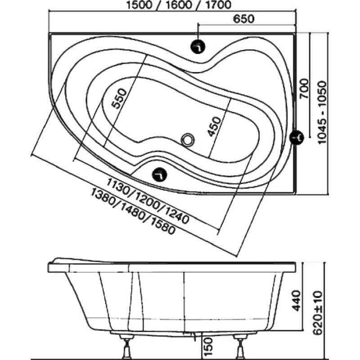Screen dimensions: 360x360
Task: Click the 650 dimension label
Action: [x=243, y=19]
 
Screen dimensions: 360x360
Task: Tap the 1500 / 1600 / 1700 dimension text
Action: [x=179, y=5]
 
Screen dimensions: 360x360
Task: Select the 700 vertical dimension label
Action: [x=304, y=89]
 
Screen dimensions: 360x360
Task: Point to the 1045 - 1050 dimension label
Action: [x=322, y=112]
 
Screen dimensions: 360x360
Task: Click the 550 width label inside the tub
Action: [x=119, y=99]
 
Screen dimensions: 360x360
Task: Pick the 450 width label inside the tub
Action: [x=214, y=126]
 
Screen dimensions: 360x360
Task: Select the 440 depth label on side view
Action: [x=297, y=301]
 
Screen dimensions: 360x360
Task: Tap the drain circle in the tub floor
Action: [x=188, y=139]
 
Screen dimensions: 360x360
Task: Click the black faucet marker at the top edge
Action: [x=198, y=47]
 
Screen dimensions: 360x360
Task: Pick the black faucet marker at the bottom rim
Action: [x=160, y=174]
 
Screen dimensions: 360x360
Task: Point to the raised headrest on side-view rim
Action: [x=83, y=261]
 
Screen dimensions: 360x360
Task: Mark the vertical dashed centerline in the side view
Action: [x=184, y=303]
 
